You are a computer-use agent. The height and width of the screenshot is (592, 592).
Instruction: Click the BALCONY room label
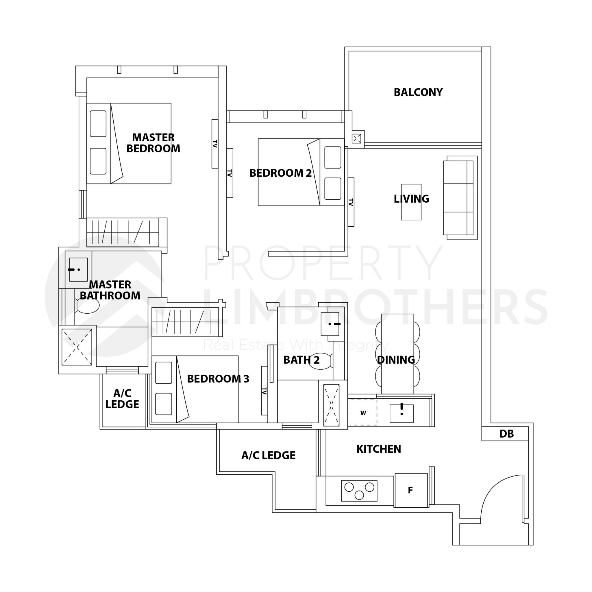418,92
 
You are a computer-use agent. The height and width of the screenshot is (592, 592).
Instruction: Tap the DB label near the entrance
506,434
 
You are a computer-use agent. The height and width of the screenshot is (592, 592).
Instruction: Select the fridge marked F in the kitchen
411,490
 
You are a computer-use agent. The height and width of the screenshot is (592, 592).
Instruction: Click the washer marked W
363,412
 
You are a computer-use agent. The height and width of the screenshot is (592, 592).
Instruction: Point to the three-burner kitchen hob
359,491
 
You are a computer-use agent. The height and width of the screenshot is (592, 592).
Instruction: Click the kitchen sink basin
402,413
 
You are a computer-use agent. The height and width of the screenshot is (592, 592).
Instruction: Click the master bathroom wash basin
78,270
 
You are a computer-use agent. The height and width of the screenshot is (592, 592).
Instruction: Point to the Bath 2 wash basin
330,324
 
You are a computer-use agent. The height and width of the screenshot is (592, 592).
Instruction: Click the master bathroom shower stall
77,347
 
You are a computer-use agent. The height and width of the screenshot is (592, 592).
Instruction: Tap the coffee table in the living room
411,202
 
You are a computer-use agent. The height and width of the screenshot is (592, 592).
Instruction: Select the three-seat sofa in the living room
460,198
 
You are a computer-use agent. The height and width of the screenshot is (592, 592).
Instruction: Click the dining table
397,354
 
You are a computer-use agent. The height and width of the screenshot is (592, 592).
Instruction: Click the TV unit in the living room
351,202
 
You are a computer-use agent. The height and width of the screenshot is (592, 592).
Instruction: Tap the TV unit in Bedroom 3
264,391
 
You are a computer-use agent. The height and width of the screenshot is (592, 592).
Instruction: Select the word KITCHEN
379,449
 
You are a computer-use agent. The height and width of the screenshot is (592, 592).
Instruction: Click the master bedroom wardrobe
127,232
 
